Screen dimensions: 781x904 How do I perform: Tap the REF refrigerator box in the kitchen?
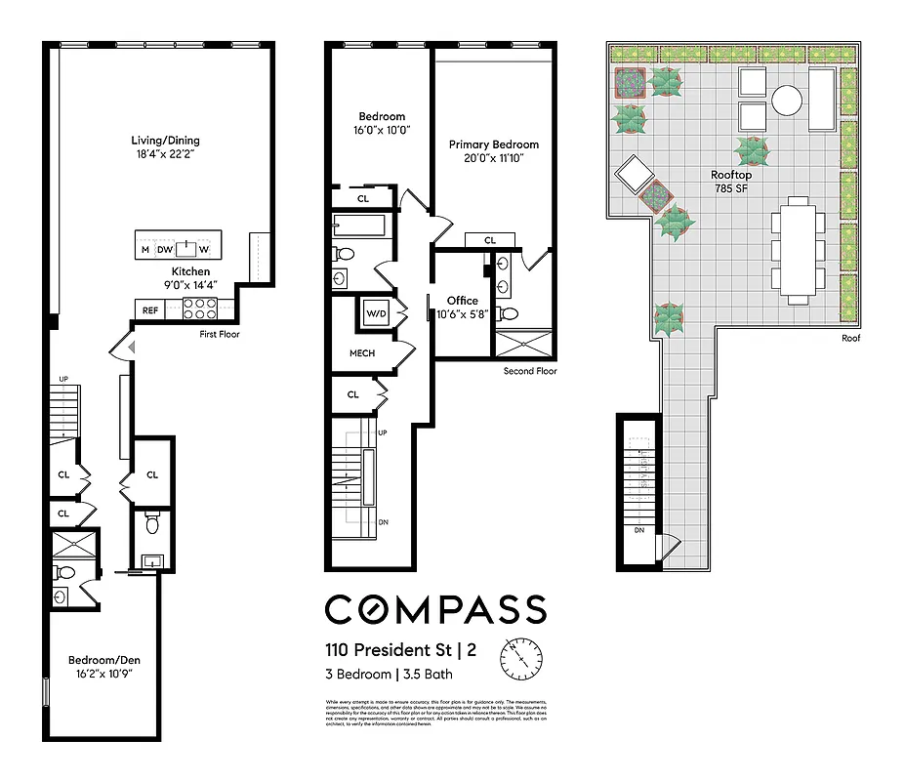[x=150, y=310]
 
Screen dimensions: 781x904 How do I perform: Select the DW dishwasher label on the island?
[x=164, y=248]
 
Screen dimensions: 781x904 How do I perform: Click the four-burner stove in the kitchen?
[x=199, y=309]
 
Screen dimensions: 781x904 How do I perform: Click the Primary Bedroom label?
[x=493, y=150]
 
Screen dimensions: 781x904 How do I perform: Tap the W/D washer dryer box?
[x=376, y=313]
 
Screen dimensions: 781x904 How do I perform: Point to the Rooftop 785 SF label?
[x=730, y=182]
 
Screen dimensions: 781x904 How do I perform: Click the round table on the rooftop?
[x=787, y=99]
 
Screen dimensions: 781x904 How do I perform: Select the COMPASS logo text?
[x=434, y=609]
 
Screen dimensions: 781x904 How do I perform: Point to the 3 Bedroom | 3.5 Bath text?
[x=389, y=674]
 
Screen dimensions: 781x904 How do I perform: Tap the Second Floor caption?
[x=531, y=371]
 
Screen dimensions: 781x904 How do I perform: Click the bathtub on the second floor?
[x=358, y=227]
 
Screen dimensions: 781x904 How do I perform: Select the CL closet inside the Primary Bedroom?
[x=490, y=240]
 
